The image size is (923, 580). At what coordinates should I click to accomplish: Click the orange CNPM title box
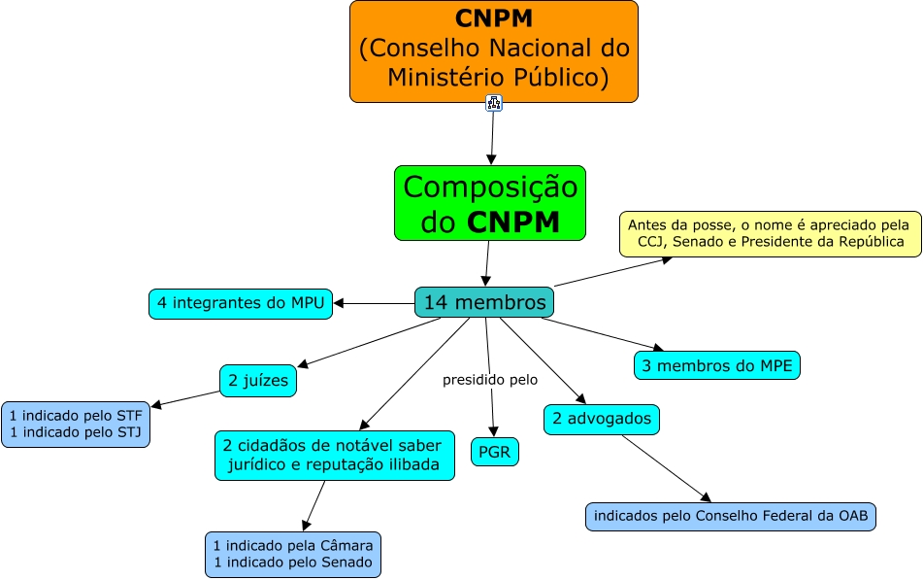pyautogui.click(x=493, y=51)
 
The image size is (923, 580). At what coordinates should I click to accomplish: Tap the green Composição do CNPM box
pyautogui.click(x=490, y=203)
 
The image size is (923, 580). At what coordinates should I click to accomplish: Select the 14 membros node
pyautogui.click(x=484, y=302)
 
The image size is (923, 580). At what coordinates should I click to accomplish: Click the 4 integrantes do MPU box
pyautogui.click(x=240, y=303)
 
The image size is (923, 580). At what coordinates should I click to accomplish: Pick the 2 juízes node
pyautogui.click(x=258, y=380)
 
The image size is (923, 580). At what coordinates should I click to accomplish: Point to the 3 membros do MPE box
pyautogui.click(x=717, y=364)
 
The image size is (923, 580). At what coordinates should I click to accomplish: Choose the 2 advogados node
pyautogui.click(x=602, y=419)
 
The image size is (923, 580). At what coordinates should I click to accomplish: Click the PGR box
pyautogui.click(x=494, y=452)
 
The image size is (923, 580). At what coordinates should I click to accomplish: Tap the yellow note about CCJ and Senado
pyautogui.click(x=770, y=233)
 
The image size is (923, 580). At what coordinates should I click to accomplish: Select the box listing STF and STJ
pyautogui.click(x=76, y=424)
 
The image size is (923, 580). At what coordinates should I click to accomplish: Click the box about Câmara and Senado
pyautogui.click(x=293, y=554)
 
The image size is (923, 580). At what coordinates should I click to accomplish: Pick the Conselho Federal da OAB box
pyautogui.click(x=731, y=516)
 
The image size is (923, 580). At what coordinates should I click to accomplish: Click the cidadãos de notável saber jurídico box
pyautogui.click(x=334, y=455)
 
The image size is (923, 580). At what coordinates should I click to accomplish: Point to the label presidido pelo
pyautogui.click(x=489, y=380)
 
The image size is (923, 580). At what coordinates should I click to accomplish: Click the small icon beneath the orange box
pyautogui.click(x=493, y=103)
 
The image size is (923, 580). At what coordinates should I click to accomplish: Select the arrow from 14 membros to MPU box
pyautogui.click(x=374, y=303)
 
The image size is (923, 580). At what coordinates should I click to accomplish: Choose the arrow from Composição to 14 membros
pyautogui.click(x=486, y=262)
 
